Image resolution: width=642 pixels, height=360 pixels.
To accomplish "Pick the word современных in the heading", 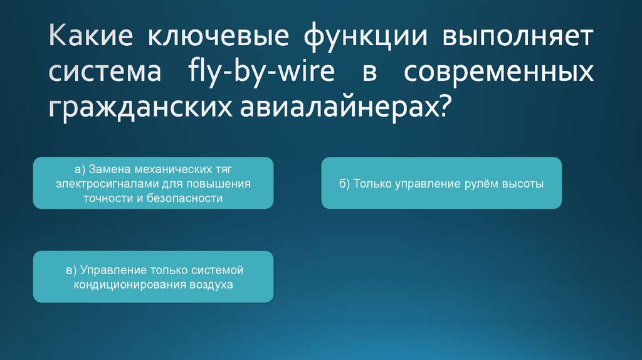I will coord(498,73).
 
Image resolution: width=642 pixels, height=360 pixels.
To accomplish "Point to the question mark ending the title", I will coord(443,107).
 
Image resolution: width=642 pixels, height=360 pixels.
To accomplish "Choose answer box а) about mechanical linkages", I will coord(153,183).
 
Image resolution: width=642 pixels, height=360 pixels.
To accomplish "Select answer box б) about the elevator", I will coord(441,183).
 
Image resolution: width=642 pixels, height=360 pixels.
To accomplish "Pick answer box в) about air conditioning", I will coord(153,277).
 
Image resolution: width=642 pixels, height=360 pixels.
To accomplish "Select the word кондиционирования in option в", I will coord(127,285).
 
